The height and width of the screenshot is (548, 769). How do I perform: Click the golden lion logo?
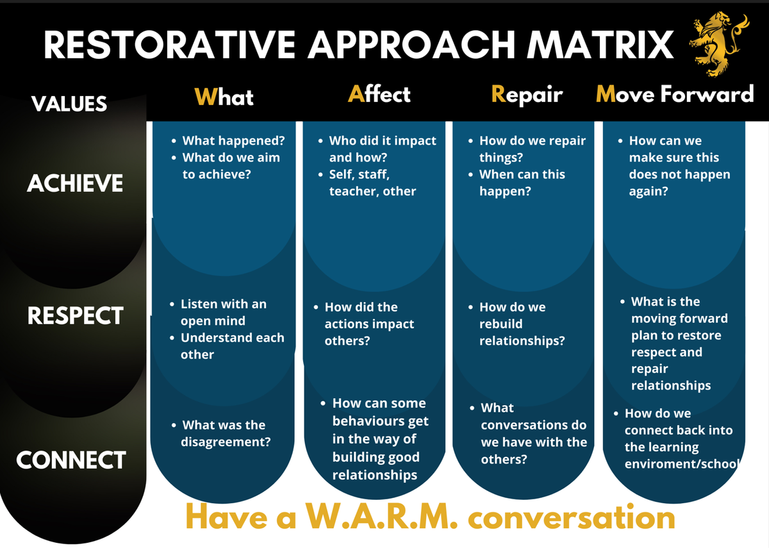(718, 44)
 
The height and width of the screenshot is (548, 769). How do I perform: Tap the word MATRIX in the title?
(600, 45)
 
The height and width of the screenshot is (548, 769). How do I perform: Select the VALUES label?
(69, 104)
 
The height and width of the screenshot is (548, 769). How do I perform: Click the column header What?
(224, 97)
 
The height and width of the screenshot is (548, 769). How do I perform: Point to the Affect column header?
(379, 94)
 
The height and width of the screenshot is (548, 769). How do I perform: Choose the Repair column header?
(527, 94)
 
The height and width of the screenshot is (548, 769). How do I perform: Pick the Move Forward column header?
(675, 94)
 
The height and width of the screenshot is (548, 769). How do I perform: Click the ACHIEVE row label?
(75, 183)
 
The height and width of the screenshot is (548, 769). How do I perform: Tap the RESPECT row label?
(75, 315)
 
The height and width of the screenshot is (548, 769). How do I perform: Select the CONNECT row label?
(70, 460)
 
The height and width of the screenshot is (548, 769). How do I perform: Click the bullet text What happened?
(233, 140)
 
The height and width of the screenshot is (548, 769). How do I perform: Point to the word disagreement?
(226, 442)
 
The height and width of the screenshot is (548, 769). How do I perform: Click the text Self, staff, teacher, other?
(372, 183)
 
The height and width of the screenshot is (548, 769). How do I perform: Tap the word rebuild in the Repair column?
(501, 324)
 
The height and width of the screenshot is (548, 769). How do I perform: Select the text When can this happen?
(522, 183)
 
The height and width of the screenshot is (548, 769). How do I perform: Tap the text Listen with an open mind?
(224, 312)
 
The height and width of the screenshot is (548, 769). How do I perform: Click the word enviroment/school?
(682, 464)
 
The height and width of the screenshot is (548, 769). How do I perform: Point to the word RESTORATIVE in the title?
(169, 45)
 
